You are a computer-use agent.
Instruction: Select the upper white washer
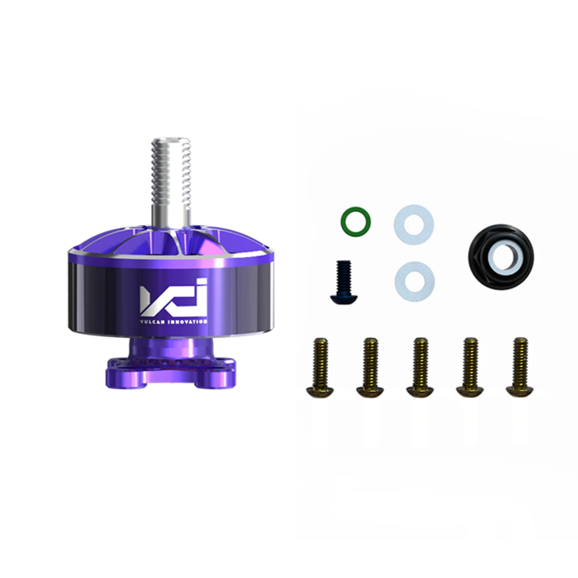click(414, 224)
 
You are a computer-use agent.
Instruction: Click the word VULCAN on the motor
click(152, 322)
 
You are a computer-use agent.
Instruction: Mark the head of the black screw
click(344, 298)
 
